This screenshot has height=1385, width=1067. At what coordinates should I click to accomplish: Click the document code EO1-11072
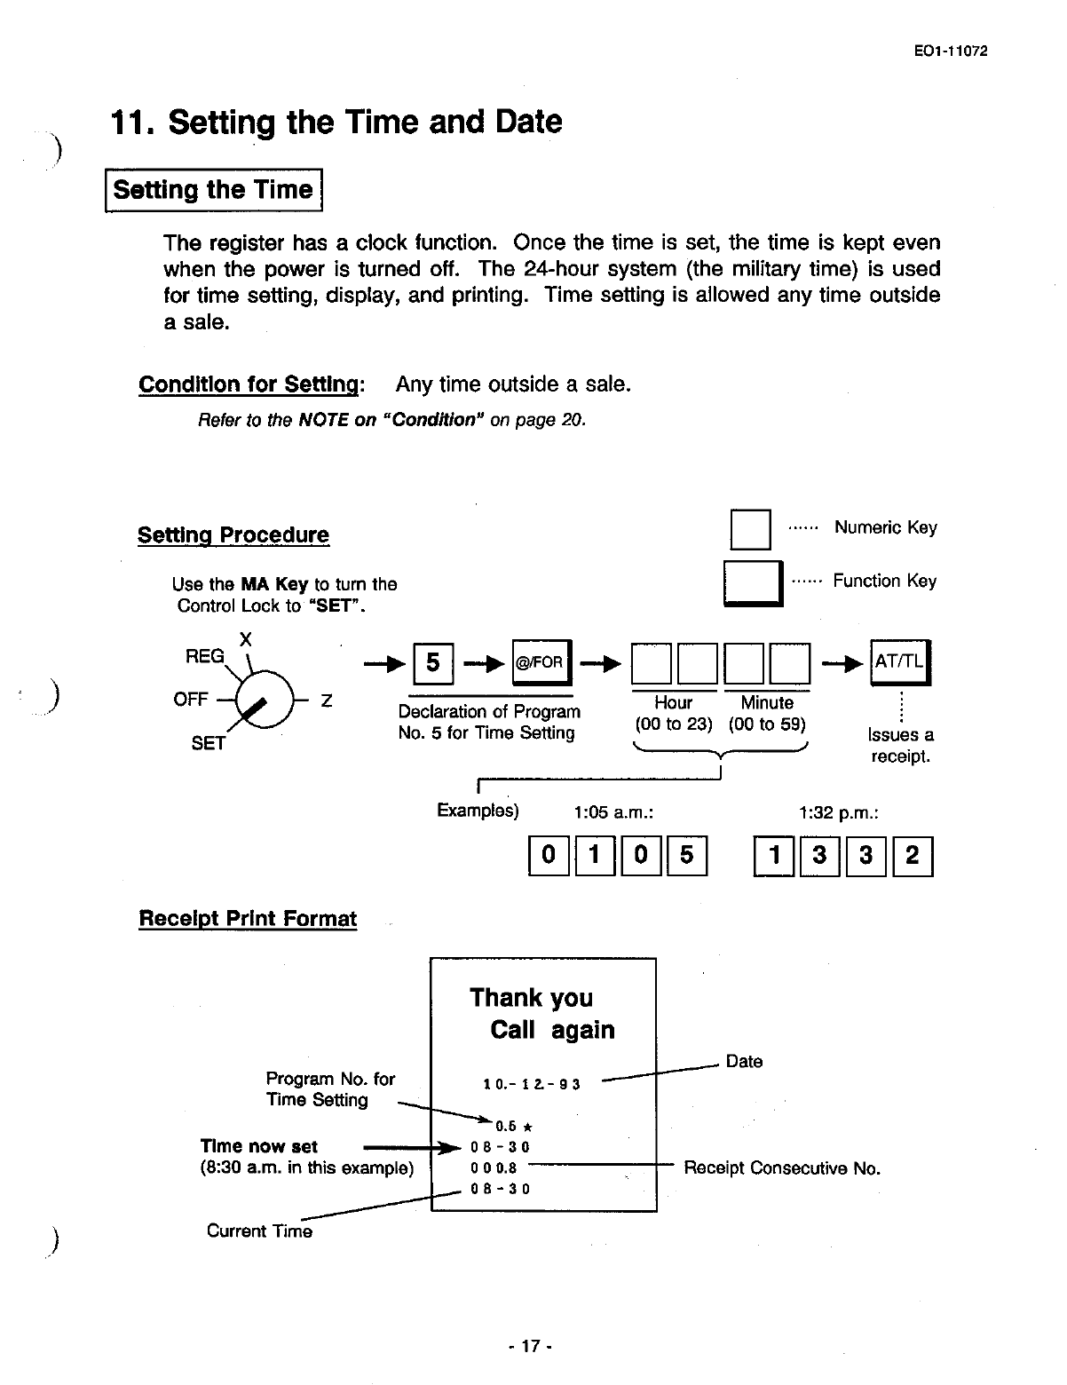point(950,51)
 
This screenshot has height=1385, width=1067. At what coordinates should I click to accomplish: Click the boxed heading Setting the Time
point(213,190)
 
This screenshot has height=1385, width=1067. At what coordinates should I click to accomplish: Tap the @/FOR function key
point(541,662)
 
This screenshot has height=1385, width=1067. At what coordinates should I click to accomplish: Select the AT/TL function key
point(899,662)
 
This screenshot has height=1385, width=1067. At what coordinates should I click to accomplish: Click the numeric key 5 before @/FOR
point(433,662)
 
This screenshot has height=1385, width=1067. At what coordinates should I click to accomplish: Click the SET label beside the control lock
point(209,744)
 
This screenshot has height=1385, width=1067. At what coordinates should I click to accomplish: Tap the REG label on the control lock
point(204,656)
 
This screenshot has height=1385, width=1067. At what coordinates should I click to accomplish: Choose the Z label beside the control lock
point(326,700)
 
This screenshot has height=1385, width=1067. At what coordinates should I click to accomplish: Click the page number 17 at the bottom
point(530,1346)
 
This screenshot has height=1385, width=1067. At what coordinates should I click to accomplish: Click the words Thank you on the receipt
point(531,998)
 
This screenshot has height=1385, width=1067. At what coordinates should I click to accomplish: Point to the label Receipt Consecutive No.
point(782,1168)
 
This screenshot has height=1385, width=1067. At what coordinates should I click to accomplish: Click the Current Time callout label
point(259,1231)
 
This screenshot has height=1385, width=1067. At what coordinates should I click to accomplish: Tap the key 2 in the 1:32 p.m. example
point(913,856)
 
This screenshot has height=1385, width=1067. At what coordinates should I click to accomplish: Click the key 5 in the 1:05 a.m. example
point(686,856)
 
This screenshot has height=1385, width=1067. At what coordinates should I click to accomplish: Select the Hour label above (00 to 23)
point(673,703)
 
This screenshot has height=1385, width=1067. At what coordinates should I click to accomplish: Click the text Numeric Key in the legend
point(885,528)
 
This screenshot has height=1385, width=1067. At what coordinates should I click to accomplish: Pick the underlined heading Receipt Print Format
point(248,919)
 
